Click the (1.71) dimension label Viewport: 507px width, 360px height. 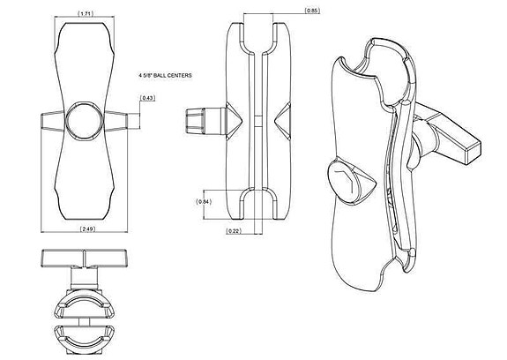click(86, 14)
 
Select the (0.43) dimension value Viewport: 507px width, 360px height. click(147, 98)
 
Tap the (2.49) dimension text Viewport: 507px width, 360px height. click(86, 229)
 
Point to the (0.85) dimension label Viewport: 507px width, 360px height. click(311, 11)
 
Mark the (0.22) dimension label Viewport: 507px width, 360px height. click(233, 230)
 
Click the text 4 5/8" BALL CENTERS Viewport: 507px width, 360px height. click(170, 77)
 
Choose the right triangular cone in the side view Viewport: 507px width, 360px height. click(282, 119)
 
